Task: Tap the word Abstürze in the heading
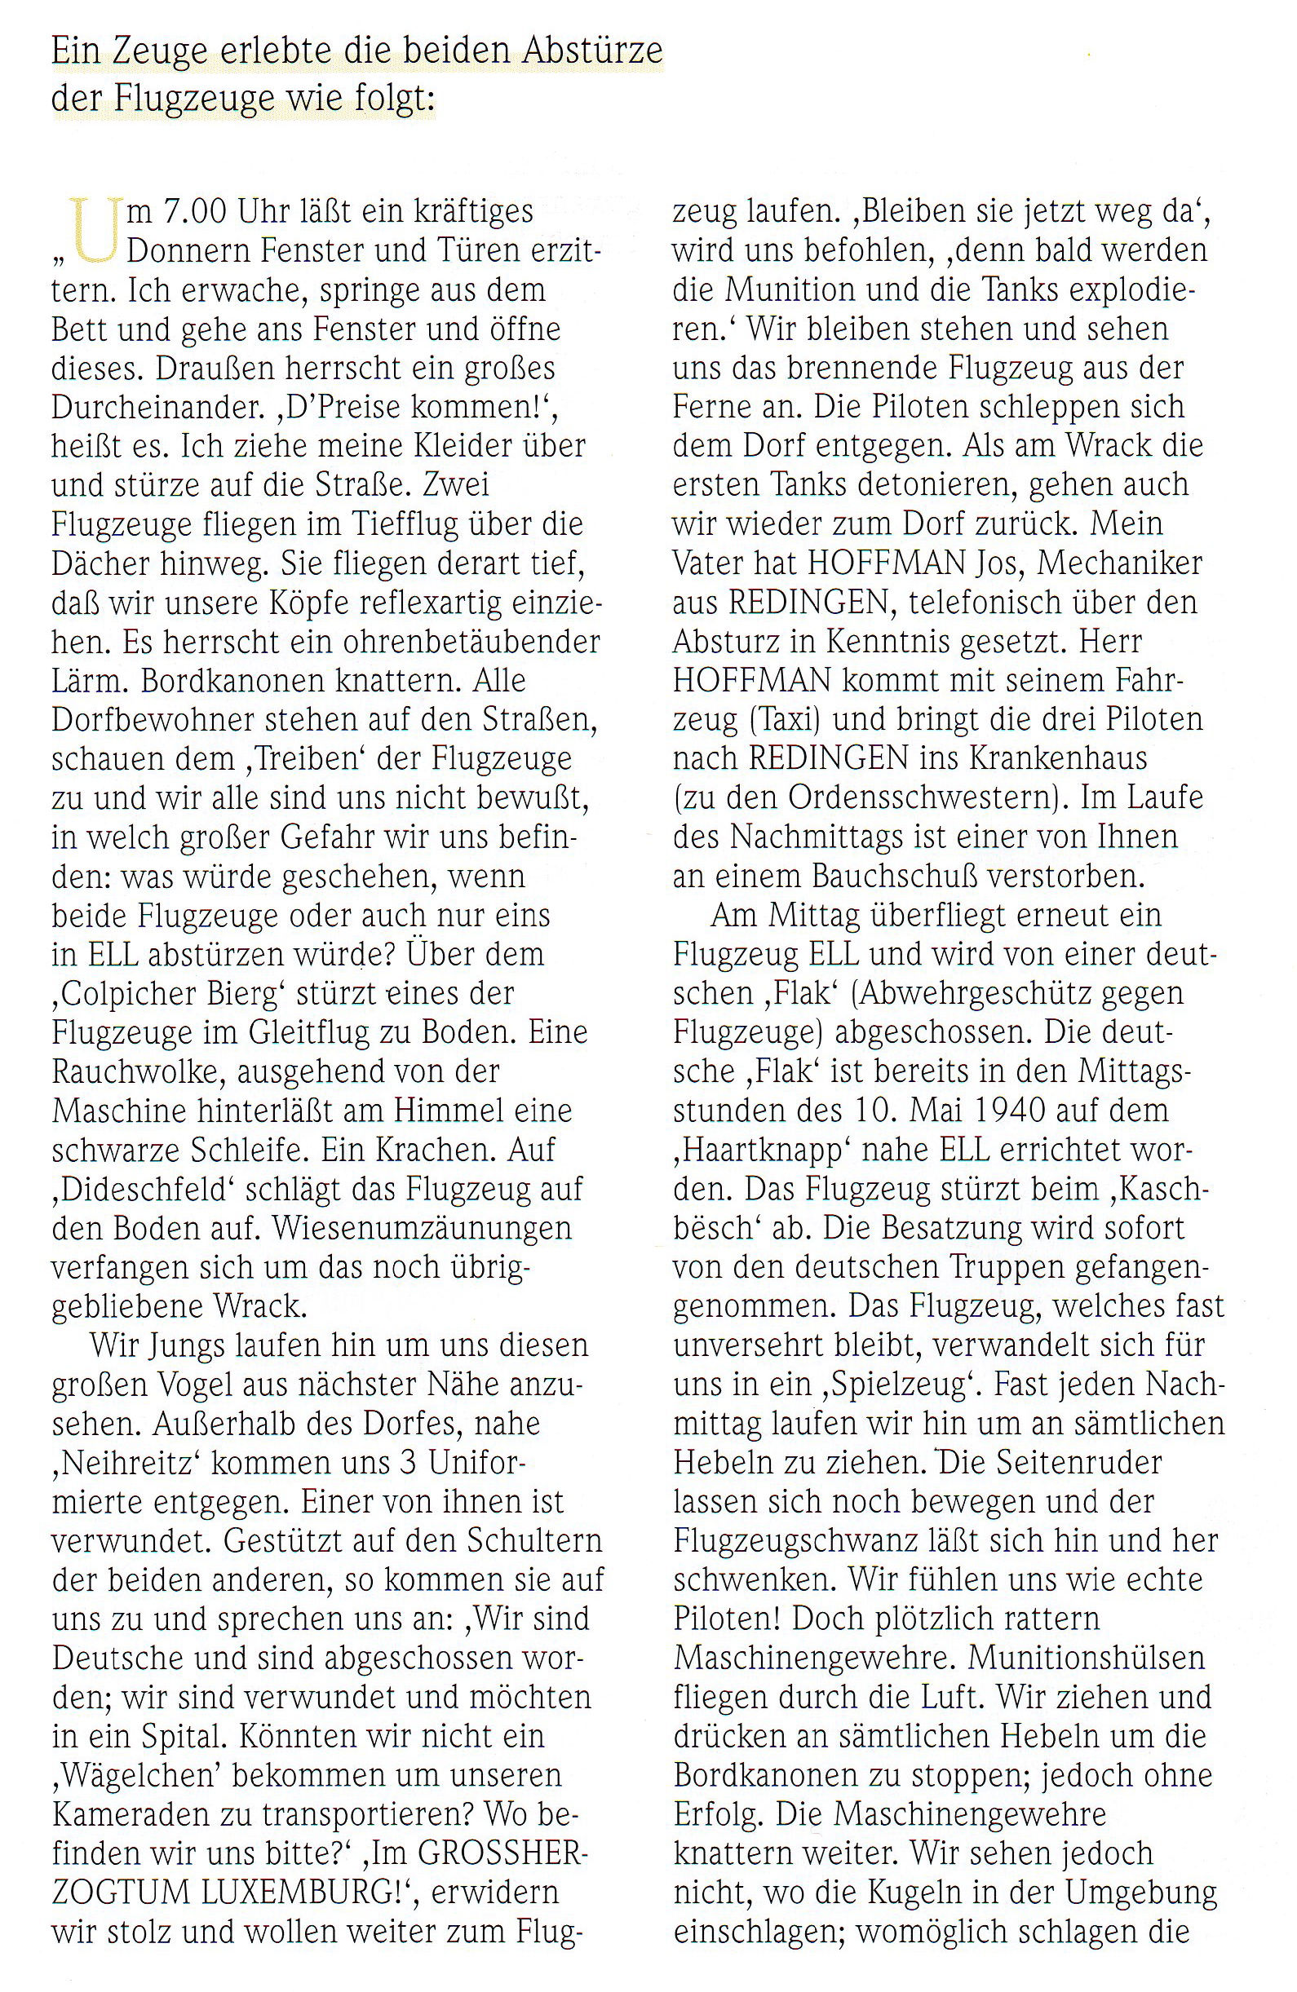pos(592,52)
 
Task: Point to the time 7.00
pos(193,212)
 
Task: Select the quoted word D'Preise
pos(205,407)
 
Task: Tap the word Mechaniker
pos(1119,563)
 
